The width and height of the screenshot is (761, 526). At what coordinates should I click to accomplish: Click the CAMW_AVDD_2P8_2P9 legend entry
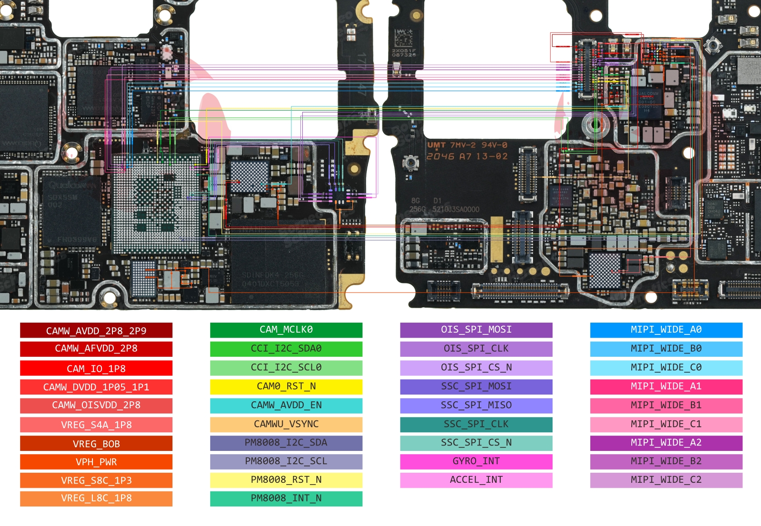96,330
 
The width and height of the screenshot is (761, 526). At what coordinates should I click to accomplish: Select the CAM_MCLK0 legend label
286,329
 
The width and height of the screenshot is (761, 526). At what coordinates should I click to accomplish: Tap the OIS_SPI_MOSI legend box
476,329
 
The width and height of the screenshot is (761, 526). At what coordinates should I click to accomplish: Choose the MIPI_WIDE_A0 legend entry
666,329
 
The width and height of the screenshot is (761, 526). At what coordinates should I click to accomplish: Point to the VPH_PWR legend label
96,462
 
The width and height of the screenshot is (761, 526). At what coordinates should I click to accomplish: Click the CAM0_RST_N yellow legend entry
286,386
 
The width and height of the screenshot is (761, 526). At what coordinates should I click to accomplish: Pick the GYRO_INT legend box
476,461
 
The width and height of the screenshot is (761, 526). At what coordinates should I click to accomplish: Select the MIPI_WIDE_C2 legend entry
666,480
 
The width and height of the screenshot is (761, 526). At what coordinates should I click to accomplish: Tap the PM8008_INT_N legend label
286,498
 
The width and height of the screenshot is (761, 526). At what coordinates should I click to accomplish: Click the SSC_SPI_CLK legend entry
476,424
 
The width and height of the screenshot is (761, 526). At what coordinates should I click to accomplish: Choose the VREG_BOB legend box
96,444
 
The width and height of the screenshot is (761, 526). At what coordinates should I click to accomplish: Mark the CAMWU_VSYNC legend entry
286,424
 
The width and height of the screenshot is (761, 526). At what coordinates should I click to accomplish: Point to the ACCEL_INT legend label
476,480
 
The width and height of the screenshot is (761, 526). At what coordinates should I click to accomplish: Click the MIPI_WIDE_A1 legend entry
666,386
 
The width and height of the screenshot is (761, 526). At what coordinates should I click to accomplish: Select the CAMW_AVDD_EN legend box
286,405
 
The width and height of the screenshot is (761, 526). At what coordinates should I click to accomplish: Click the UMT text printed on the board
436,145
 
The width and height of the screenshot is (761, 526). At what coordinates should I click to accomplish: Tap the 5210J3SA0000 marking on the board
456,209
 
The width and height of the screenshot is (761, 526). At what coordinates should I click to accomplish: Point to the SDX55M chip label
63,197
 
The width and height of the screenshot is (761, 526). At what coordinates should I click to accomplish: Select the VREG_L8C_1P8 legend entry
96,498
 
